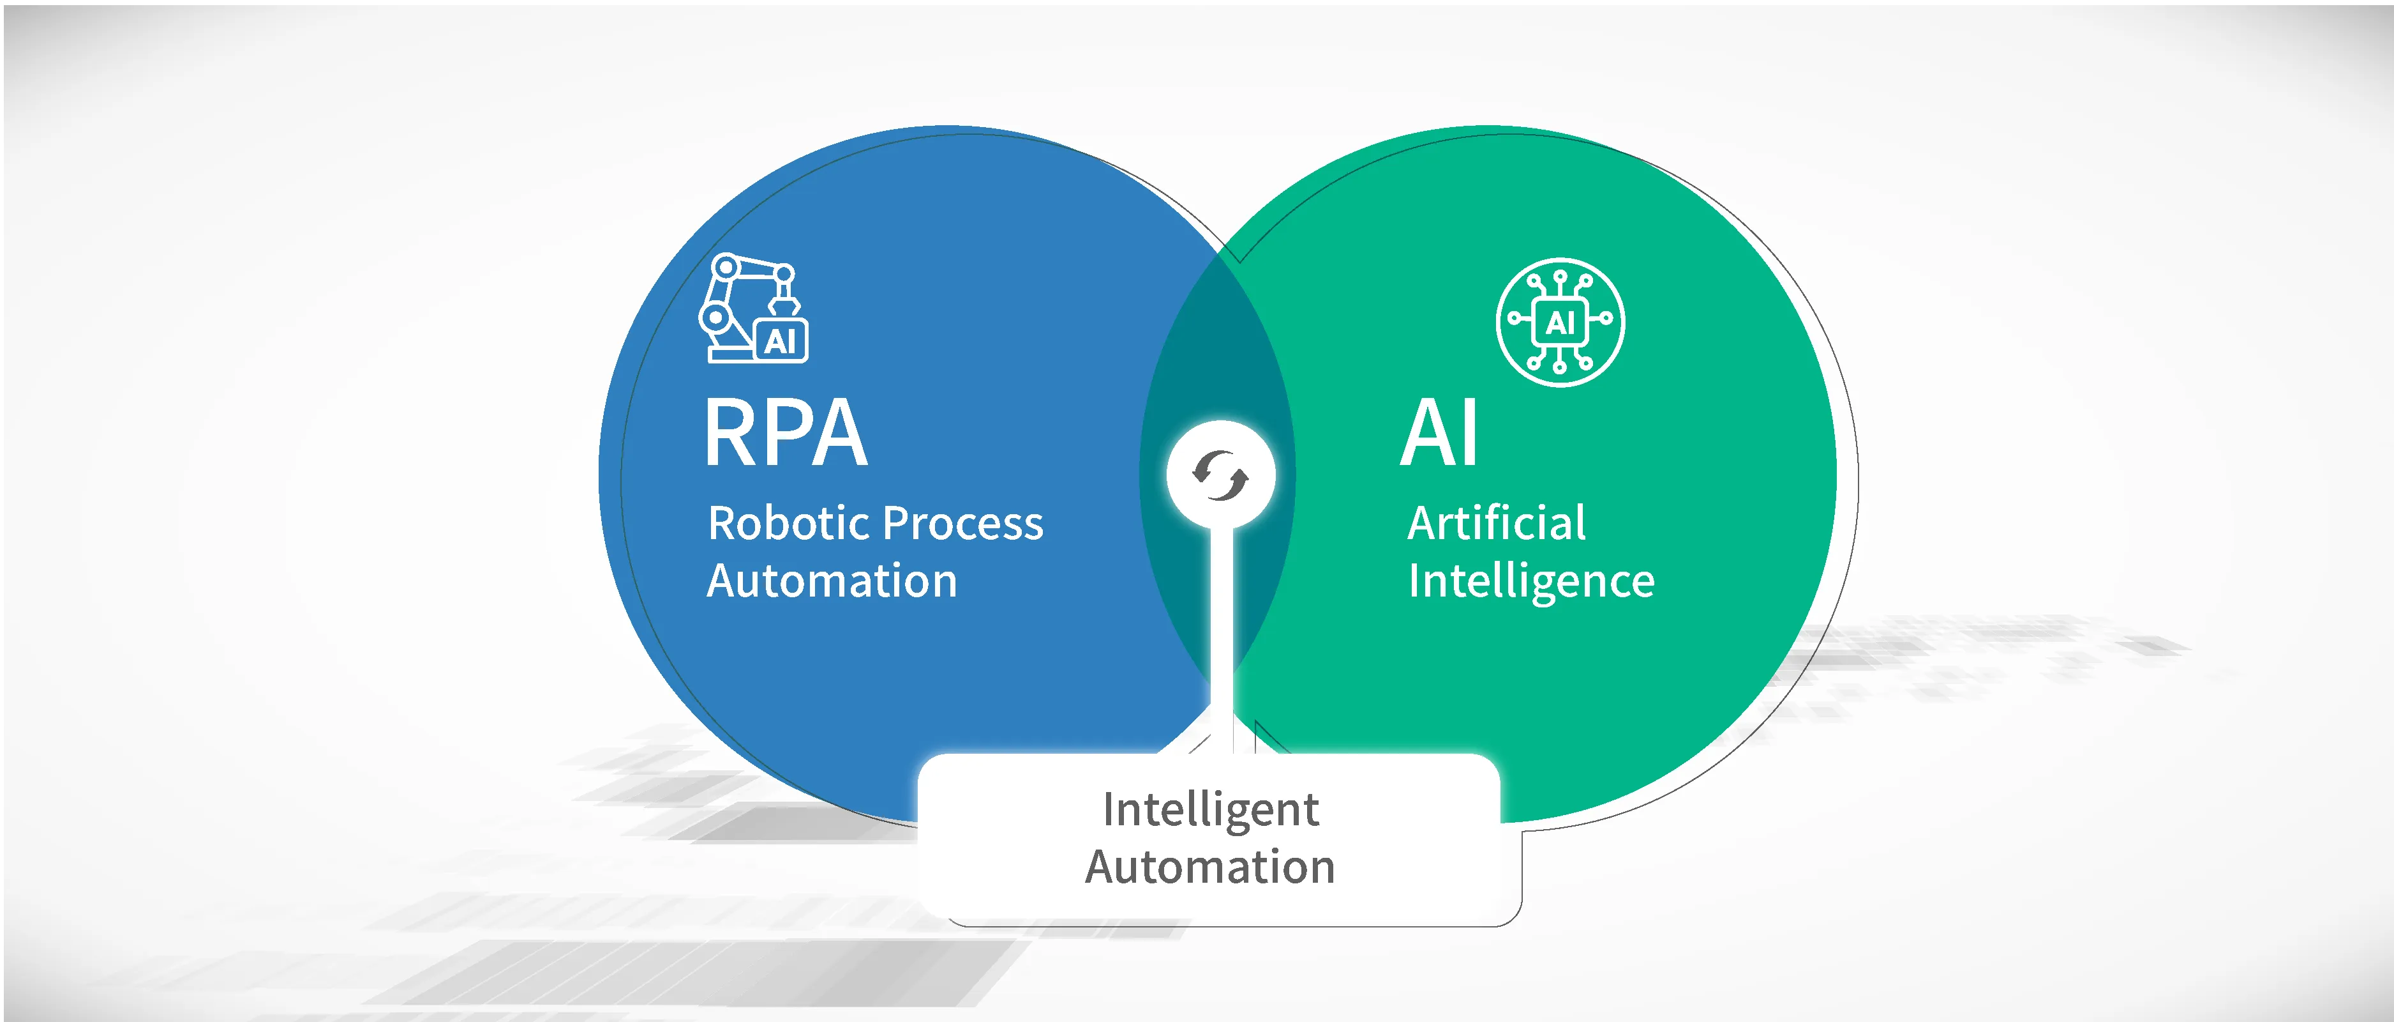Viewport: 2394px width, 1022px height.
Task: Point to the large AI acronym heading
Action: point(1439,432)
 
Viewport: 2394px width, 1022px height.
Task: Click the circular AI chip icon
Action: point(1560,322)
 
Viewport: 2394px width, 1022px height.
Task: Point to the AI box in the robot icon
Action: point(781,340)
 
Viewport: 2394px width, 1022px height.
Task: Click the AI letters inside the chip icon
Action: point(1560,323)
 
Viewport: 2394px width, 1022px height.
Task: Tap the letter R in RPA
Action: point(731,432)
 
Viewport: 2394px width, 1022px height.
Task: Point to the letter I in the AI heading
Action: point(1470,432)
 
